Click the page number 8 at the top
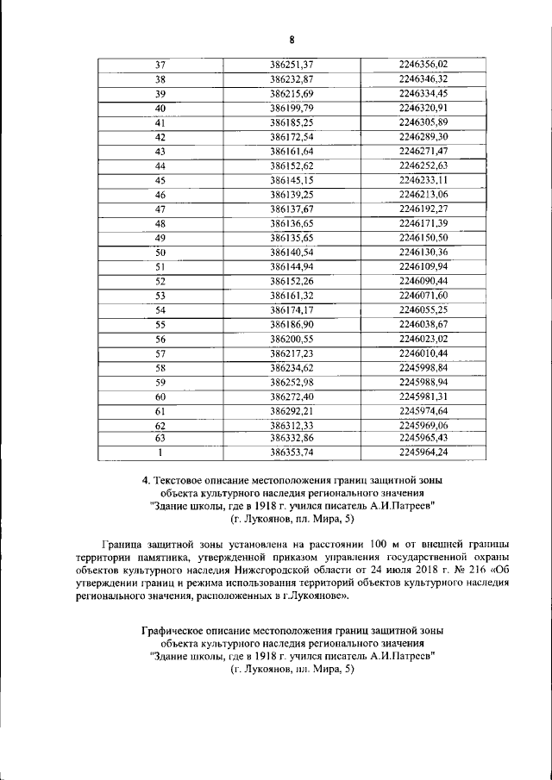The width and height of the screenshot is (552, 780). click(292, 39)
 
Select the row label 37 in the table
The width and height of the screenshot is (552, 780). click(160, 65)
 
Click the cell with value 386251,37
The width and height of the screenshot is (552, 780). click(291, 65)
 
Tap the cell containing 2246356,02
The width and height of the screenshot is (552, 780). click(423, 65)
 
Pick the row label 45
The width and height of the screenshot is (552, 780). click(160, 180)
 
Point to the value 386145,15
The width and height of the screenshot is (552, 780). click(291, 180)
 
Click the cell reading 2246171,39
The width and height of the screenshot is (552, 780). click(423, 223)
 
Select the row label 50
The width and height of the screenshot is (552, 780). click(160, 252)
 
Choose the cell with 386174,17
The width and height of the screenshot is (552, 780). click(291, 309)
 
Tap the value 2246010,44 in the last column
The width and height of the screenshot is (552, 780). click(423, 353)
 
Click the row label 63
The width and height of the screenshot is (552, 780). click(160, 438)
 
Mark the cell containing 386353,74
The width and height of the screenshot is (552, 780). click(291, 452)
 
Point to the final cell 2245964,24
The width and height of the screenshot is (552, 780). click(423, 452)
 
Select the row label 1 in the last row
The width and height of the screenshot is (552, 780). click(160, 452)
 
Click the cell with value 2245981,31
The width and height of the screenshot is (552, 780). click(423, 396)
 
